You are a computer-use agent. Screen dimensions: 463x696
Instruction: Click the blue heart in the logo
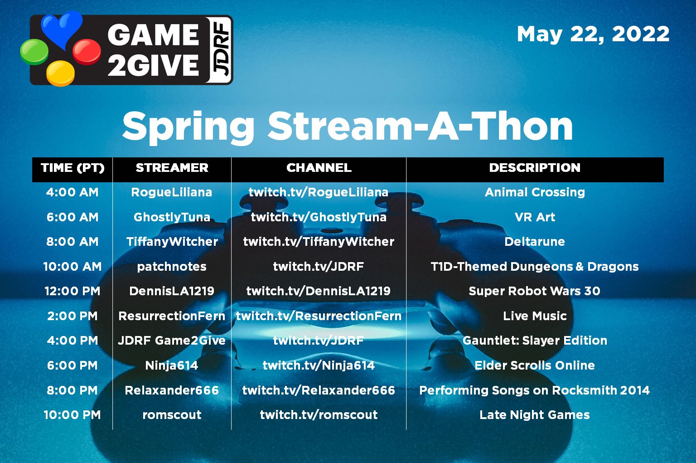(62, 28)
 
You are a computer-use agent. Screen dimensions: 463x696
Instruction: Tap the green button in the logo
(34, 51)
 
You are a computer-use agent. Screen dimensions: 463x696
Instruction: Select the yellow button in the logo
(60, 73)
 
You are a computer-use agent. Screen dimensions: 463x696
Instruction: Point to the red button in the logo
(87, 51)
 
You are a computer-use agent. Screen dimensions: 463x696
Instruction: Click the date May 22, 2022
(593, 34)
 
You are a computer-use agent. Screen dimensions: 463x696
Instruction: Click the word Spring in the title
(188, 127)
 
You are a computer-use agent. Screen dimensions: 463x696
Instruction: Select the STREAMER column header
(172, 168)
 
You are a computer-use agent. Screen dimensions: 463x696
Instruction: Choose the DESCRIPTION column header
(535, 168)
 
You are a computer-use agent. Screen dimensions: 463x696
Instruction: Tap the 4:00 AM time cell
(72, 192)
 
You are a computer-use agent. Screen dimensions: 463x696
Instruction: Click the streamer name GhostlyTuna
(172, 217)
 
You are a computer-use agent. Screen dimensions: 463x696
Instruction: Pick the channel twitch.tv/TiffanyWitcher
(319, 242)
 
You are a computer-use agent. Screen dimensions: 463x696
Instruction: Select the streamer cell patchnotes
(172, 267)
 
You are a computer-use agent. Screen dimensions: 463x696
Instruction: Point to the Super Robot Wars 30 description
(535, 291)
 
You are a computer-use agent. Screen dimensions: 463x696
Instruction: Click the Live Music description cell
(535, 316)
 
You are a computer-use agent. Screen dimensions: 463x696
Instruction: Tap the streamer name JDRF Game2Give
(172, 341)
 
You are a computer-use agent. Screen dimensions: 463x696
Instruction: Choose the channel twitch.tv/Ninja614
(319, 366)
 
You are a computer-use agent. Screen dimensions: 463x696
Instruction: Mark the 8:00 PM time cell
(72, 390)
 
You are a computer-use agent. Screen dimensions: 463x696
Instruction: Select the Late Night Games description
(535, 415)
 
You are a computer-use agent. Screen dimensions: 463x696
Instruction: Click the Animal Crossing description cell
(535, 192)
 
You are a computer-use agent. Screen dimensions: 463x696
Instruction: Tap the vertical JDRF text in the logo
(221, 50)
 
